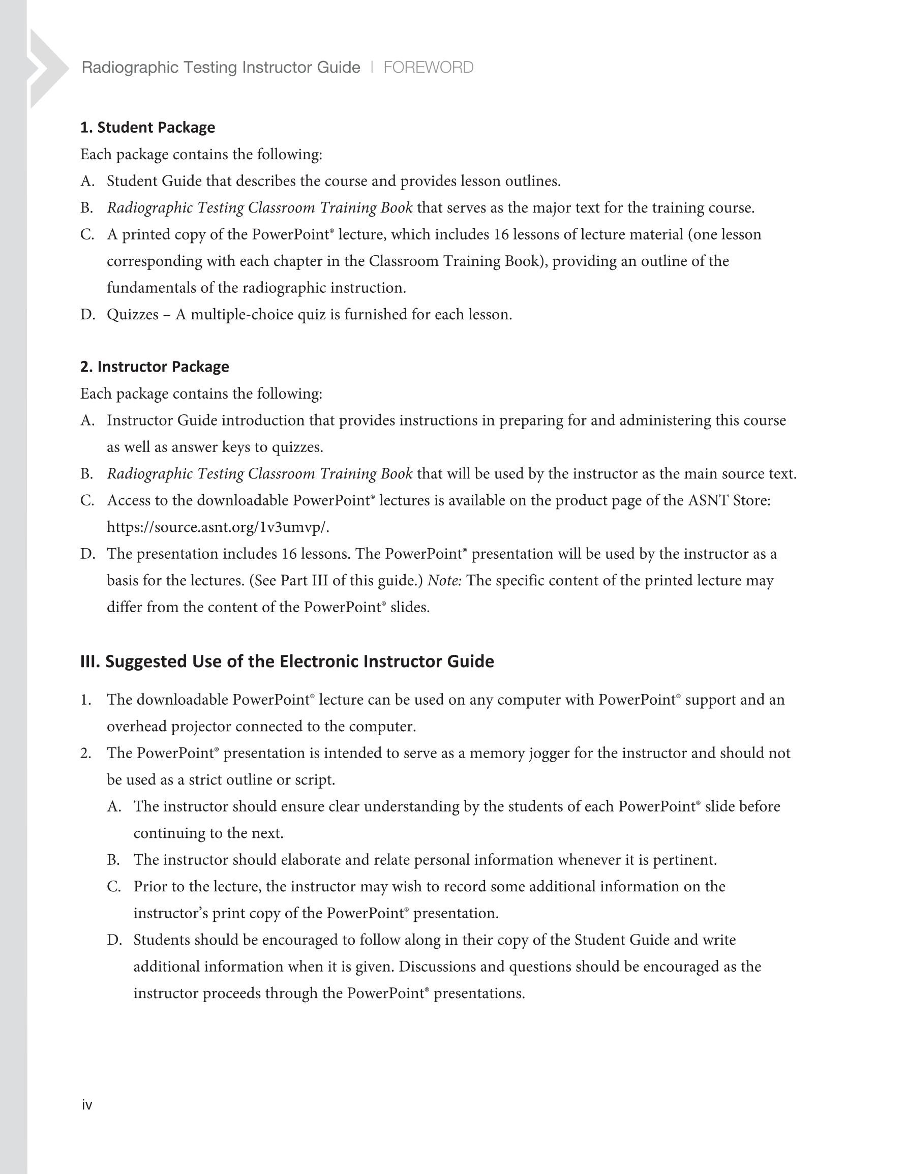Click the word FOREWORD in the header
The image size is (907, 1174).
click(428, 68)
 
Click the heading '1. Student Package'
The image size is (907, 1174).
click(147, 128)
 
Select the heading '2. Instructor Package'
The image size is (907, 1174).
click(155, 367)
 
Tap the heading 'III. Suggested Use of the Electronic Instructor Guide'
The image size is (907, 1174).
click(287, 661)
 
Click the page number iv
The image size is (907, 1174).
click(86, 1105)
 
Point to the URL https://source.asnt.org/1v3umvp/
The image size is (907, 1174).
click(218, 527)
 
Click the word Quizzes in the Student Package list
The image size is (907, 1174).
click(132, 314)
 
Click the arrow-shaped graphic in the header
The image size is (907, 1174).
click(47, 69)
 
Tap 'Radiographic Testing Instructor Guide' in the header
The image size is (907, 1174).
click(221, 68)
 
